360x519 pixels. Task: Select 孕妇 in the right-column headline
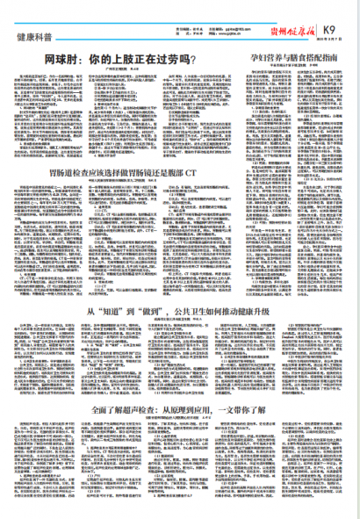coord(254,54)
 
